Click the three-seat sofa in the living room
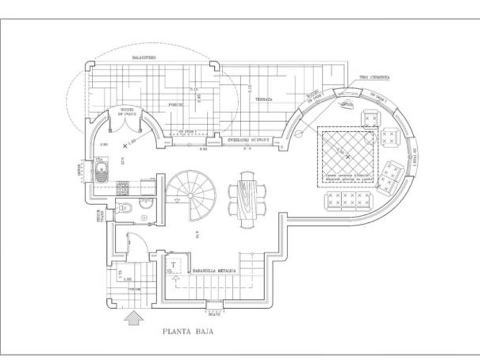347,201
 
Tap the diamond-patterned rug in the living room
347,155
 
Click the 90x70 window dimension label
215,314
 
